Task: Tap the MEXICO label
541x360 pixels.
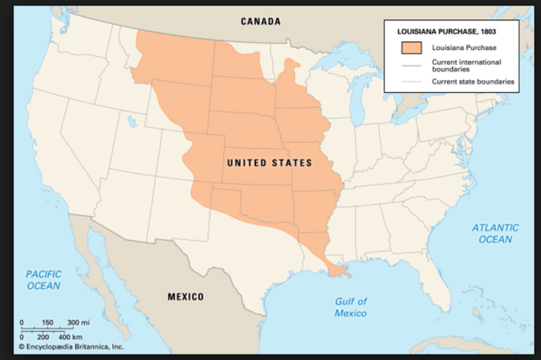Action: (186, 297)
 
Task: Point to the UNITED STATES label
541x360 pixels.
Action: (269, 161)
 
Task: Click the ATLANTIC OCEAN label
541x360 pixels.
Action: (492, 233)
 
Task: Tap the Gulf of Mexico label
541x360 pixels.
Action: (350, 308)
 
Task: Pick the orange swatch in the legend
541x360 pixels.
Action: (411, 47)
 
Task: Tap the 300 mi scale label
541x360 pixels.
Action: (79, 323)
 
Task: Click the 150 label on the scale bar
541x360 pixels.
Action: (47, 323)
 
